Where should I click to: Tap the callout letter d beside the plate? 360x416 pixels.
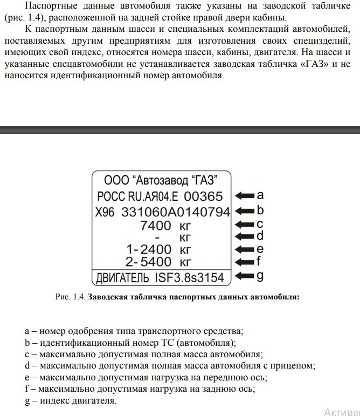[260, 236]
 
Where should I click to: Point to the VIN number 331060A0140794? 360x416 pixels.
[176, 211]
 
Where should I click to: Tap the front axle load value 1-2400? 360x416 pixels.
[148, 249]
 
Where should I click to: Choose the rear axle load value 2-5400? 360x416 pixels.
[148, 263]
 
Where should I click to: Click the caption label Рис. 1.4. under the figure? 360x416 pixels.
[70, 296]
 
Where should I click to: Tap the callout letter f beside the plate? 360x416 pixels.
[259, 262]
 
